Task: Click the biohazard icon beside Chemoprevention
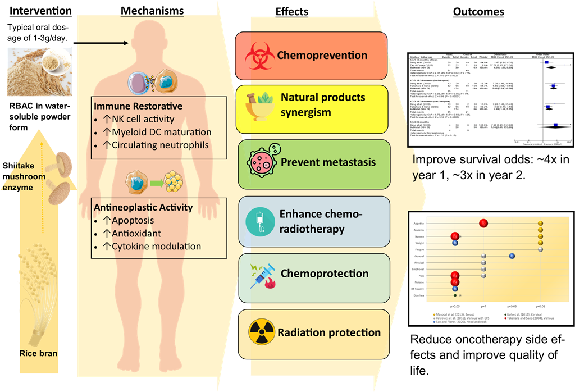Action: pyautogui.click(x=259, y=56)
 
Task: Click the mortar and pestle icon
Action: pyautogui.click(x=259, y=104)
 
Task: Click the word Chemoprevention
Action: pyautogui.click(x=322, y=56)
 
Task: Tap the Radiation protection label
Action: pyautogui.click(x=328, y=332)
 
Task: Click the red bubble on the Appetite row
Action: pyautogui.click(x=483, y=223)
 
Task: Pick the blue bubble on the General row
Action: pyautogui.click(x=512, y=256)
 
